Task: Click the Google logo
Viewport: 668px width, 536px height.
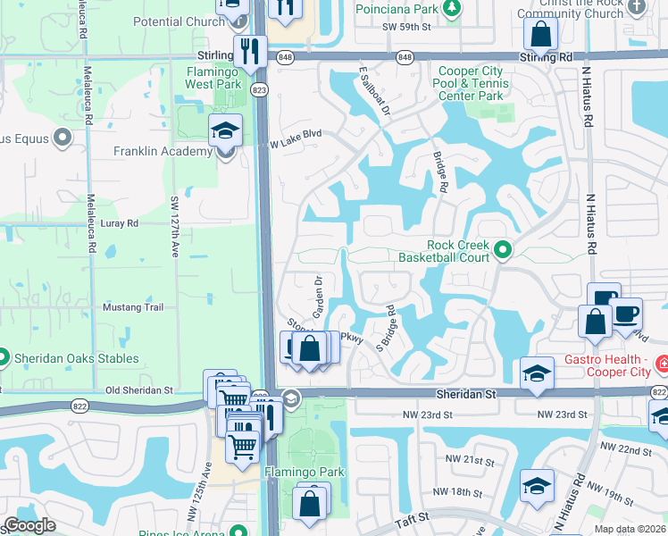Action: [x=29, y=526]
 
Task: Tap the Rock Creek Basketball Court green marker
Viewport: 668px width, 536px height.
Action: [x=503, y=250]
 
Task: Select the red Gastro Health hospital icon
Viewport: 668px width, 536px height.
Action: [x=661, y=364]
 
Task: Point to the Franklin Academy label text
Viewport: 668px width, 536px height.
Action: [x=162, y=151]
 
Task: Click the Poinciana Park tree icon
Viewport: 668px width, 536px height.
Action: [x=454, y=8]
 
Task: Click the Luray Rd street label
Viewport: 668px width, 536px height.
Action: [x=120, y=223]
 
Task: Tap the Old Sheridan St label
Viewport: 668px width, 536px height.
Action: [x=138, y=390]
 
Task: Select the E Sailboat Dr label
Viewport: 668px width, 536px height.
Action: [x=374, y=91]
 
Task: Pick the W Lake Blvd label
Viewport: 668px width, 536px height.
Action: [x=295, y=135]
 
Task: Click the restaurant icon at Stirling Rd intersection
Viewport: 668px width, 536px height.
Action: [x=249, y=50]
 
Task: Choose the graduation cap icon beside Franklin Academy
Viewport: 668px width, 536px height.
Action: [x=226, y=130]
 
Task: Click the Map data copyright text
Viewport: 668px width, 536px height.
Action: [x=630, y=529]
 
